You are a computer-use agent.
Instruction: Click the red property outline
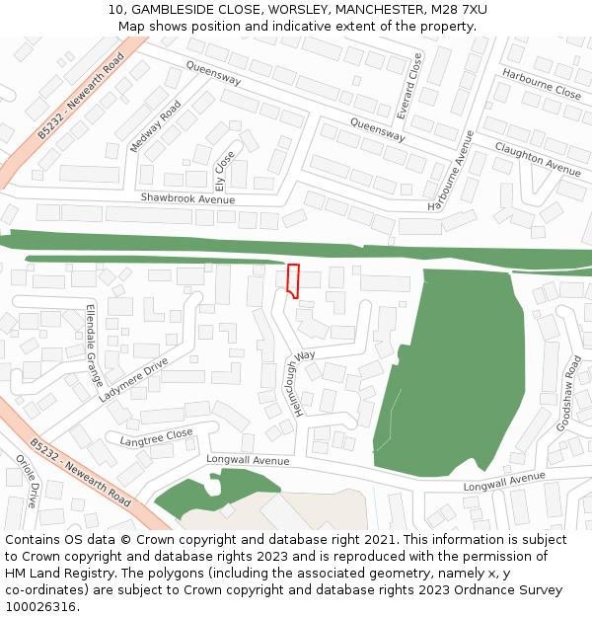click(292, 280)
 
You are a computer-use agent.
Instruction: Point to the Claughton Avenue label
click(538, 157)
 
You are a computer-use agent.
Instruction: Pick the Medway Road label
click(156, 126)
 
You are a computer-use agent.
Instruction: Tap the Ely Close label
click(225, 170)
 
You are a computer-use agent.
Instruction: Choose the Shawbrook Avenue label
click(187, 198)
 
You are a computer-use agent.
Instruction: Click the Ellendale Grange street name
click(95, 345)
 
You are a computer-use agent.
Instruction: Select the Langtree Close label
click(156, 437)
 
